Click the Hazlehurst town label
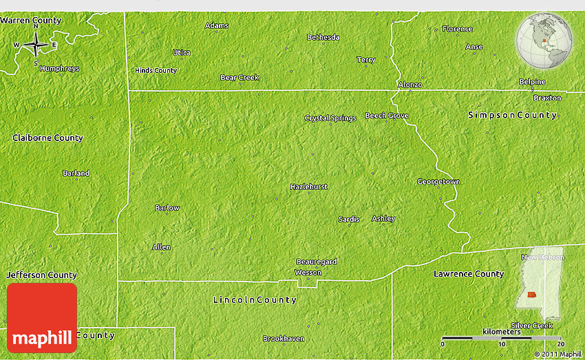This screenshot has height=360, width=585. [308, 187]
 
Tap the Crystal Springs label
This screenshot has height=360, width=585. [330, 118]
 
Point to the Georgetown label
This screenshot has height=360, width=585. [438, 182]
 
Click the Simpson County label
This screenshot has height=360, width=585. [512, 115]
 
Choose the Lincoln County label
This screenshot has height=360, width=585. [255, 300]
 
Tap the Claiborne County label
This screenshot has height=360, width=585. [47, 138]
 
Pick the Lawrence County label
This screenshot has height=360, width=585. [469, 274]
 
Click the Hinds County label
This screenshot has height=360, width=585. [156, 70]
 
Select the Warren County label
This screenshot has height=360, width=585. [31, 21]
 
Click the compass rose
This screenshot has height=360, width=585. [35, 46]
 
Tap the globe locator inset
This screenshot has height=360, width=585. [544, 40]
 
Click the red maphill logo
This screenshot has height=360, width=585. [42, 318]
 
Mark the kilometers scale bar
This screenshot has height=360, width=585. [502, 339]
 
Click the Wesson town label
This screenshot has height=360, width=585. [308, 273]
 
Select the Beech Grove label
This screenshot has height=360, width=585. [387, 116]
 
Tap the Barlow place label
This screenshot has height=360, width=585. [167, 208]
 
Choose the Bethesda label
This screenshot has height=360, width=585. [323, 37]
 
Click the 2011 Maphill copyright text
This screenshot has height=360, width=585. [557, 354]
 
